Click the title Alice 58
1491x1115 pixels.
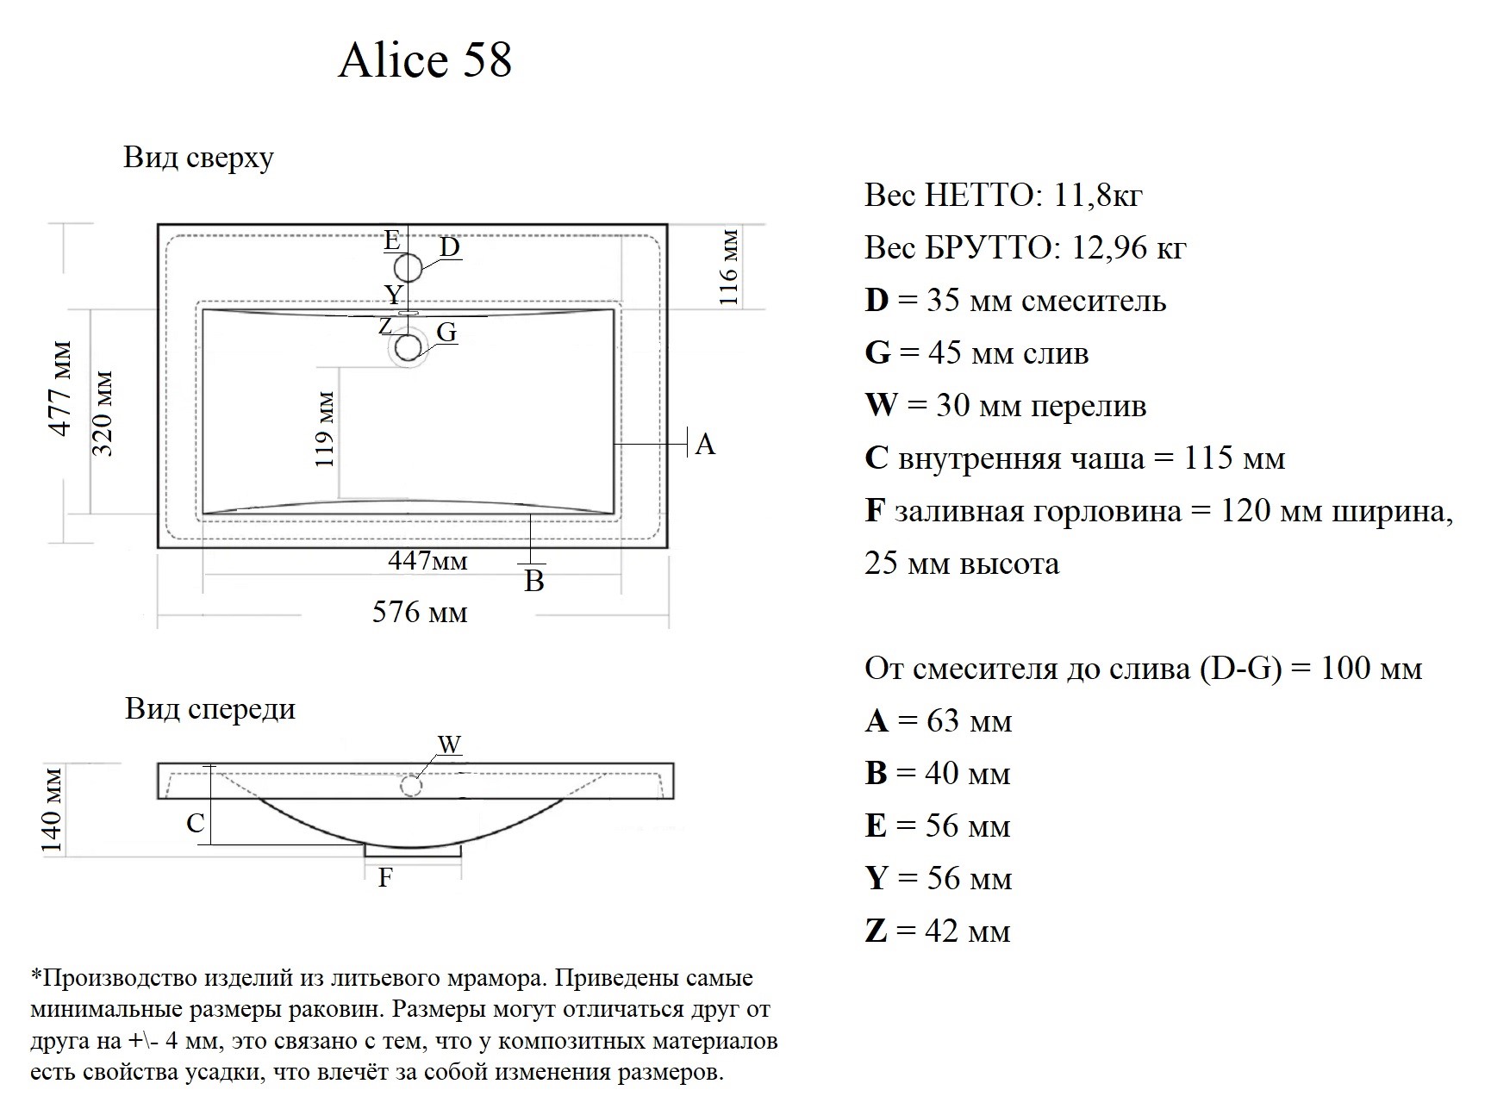pos(425,59)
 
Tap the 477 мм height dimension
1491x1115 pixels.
pos(60,389)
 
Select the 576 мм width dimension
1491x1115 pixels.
pos(420,612)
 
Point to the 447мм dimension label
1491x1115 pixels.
pos(427,560)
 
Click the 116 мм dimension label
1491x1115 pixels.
pos(729,267)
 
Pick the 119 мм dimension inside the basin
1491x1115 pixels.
pos(325,430)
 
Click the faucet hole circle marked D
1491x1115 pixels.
pos(409,268)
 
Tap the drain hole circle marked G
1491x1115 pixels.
pos(409,347)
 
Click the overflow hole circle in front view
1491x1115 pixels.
pos(411,786)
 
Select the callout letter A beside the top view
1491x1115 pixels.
pos(705,445)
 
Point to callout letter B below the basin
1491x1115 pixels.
pos(534,581)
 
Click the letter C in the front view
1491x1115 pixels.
pos(196,823)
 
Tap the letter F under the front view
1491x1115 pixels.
pos(385,877)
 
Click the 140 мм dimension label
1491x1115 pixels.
pos(52,810)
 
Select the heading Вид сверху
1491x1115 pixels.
pos(198,158)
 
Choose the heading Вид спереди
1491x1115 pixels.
pos(210,708)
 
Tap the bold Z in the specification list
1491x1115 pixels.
pos(876,931)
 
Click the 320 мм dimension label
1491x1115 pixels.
pos(102,414)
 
